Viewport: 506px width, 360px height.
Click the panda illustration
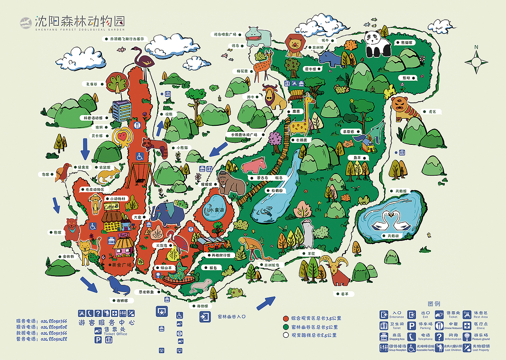pos(377,44)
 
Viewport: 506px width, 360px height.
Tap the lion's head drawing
pos(295,45)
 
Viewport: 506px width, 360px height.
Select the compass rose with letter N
pos(476,61)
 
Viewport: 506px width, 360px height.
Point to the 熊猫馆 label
pos(405,42)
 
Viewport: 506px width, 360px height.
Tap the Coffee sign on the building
pos(111,207)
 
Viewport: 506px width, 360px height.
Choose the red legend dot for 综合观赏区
pos(285,318)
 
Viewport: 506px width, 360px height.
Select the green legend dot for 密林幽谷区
pos(285,327)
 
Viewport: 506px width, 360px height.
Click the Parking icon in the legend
pos(412,325)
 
